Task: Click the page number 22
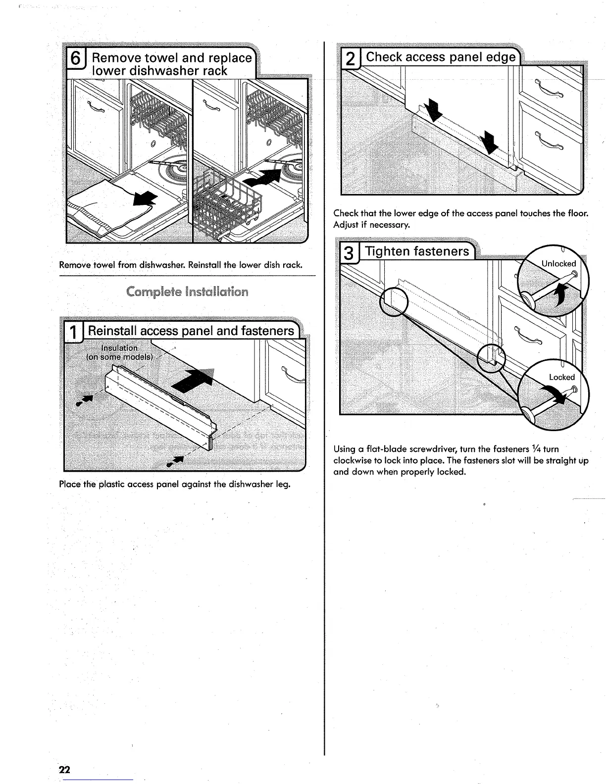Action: point(64,770)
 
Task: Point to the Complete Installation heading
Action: point(187,292)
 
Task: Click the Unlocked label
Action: point(558,264)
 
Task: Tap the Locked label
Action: point(561,377)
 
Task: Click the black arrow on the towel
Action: point(145,199)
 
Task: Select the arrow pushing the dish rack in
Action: point(262,177)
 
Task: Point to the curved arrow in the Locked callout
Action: point(555,394)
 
